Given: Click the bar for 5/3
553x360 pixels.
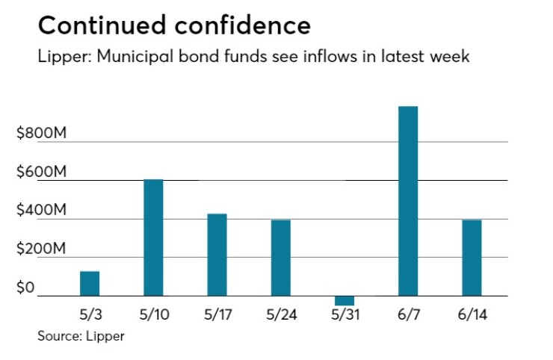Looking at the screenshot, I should click(x=90, y=284).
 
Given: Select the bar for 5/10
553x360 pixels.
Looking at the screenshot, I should click(x=153, y=238).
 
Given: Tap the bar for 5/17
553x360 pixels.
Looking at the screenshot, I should click(x=217, y=255).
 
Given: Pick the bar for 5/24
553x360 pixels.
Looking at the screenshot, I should click(x=281, y=258).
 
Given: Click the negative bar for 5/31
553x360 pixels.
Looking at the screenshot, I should click(x=345, y=301).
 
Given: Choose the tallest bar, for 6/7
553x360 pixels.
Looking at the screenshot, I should click(x=408, y=201).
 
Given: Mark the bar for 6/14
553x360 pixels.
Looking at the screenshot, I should click(x=472, y=258).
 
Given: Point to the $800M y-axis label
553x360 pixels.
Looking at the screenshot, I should click(x=42, y=134).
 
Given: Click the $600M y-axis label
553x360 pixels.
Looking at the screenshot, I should click(x=42, y=173).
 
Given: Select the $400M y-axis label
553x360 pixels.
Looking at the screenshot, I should click(x=42, y=211).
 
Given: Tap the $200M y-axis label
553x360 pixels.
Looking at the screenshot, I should click(x=42, y=249).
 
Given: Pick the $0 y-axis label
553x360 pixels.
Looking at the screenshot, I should click(x=26, y=288).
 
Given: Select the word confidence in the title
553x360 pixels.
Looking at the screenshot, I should click(x=241, y=26).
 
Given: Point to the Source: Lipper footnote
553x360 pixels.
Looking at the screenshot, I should click(x=81, y=336).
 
